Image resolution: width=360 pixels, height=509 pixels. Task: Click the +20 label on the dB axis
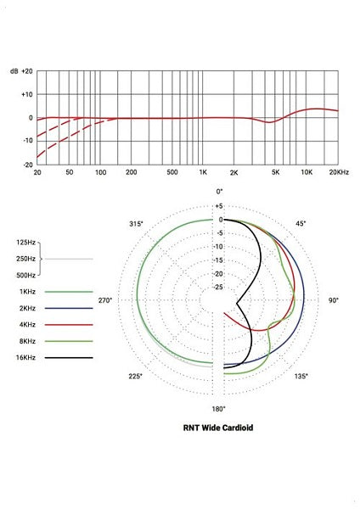click(26, 71)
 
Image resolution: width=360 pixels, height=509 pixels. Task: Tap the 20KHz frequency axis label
click(336, 173)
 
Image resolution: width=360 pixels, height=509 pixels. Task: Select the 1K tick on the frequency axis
click(203, 173)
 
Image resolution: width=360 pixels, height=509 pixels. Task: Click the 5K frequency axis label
click(276, 173)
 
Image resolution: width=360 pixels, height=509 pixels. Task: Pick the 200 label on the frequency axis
click(132, 173)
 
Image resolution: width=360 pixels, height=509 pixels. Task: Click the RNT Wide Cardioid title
click(218, 428)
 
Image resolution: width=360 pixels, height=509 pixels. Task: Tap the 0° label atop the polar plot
click(219, 192)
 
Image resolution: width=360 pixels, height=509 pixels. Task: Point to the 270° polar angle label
click(105, 300)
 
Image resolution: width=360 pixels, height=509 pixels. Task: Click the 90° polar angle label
click(334, 300)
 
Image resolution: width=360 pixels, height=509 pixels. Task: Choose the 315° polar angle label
click(136, 223)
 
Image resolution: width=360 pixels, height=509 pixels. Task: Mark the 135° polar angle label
click(301, 376)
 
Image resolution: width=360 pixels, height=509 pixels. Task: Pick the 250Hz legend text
click(25, 259)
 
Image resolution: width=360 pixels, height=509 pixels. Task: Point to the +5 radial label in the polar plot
click(218, 206)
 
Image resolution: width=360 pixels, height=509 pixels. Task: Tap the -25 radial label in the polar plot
click(218, 287)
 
